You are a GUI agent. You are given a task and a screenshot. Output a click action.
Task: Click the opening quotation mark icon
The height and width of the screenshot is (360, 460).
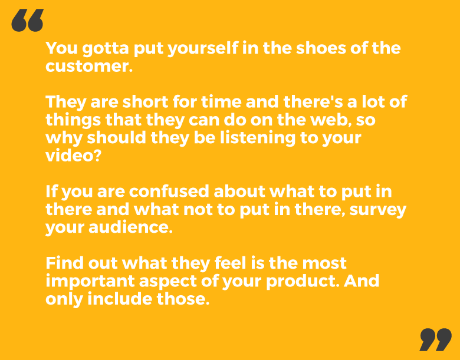[27, 20]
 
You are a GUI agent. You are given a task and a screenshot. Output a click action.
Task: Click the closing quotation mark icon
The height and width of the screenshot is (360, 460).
[435, 339]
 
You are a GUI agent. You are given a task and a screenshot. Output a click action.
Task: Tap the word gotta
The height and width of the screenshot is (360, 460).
[106, 49]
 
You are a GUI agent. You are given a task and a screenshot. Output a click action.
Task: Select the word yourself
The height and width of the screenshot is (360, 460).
[202, 49]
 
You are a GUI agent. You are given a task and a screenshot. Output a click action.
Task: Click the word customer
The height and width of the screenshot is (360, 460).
[89, 66]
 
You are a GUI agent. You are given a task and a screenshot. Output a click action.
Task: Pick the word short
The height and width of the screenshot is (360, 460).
[145, 102]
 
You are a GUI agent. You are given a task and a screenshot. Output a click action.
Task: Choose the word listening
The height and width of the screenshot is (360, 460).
[258, 137]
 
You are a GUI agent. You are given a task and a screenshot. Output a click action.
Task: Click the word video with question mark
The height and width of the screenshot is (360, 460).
[73, 156]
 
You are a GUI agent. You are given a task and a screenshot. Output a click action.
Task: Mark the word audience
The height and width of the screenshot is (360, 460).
[130, 227]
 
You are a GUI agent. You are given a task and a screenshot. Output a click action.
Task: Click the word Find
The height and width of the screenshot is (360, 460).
[65, 263]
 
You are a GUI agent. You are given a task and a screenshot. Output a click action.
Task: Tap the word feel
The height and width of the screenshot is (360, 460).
[230, 263]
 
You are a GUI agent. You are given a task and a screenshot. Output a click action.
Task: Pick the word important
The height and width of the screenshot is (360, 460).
[90, 281]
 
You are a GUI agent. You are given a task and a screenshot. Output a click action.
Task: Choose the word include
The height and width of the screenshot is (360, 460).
[120, 299]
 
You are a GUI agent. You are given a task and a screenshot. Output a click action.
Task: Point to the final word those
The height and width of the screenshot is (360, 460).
[183, 299]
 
